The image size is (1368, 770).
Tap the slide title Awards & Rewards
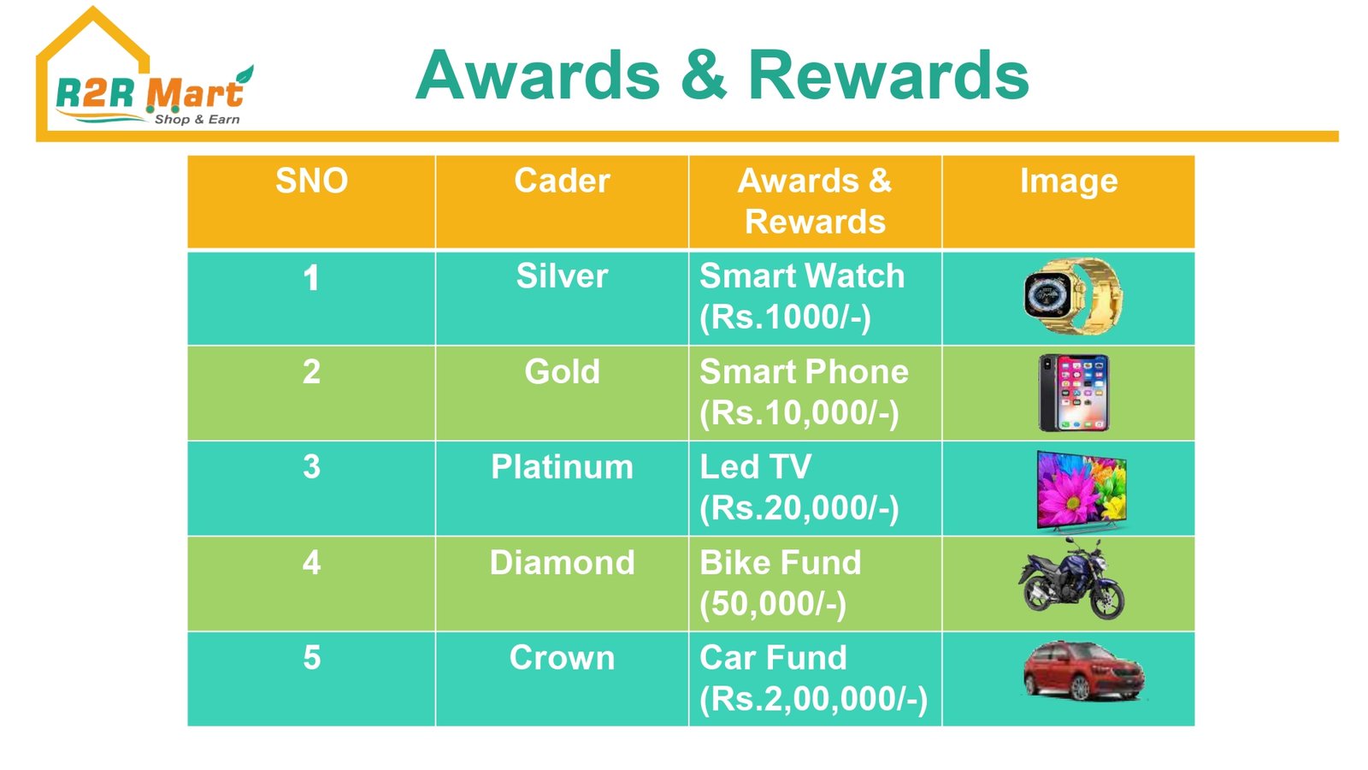click(x=722, y=76)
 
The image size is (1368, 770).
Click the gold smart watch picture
click(x=1073, y=296)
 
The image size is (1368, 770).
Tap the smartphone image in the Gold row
click(x=1074, y=393)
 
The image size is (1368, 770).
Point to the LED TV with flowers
click(x=1082, y=490)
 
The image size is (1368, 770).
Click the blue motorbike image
click(x=1071, y=579)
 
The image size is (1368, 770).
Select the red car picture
click(x=1083, y=670)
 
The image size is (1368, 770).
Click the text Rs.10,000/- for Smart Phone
click(x=799, y=413)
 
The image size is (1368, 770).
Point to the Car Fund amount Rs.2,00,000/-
click(x=813, y=699)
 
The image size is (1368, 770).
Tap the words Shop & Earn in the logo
click(x=198, y=119)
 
